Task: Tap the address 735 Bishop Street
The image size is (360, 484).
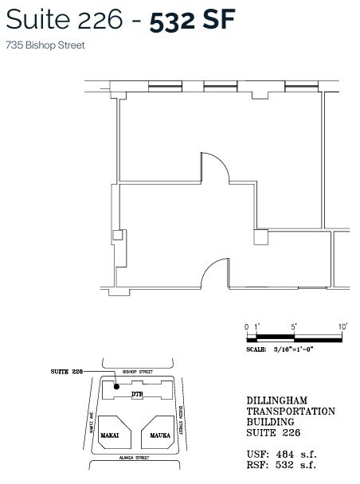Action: point(45,45)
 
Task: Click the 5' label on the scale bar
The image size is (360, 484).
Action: point(295,326)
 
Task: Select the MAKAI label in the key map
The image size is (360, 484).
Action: point(110,435)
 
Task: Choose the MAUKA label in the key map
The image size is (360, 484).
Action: point(153,435)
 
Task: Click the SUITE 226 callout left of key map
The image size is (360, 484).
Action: point(67,372)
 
